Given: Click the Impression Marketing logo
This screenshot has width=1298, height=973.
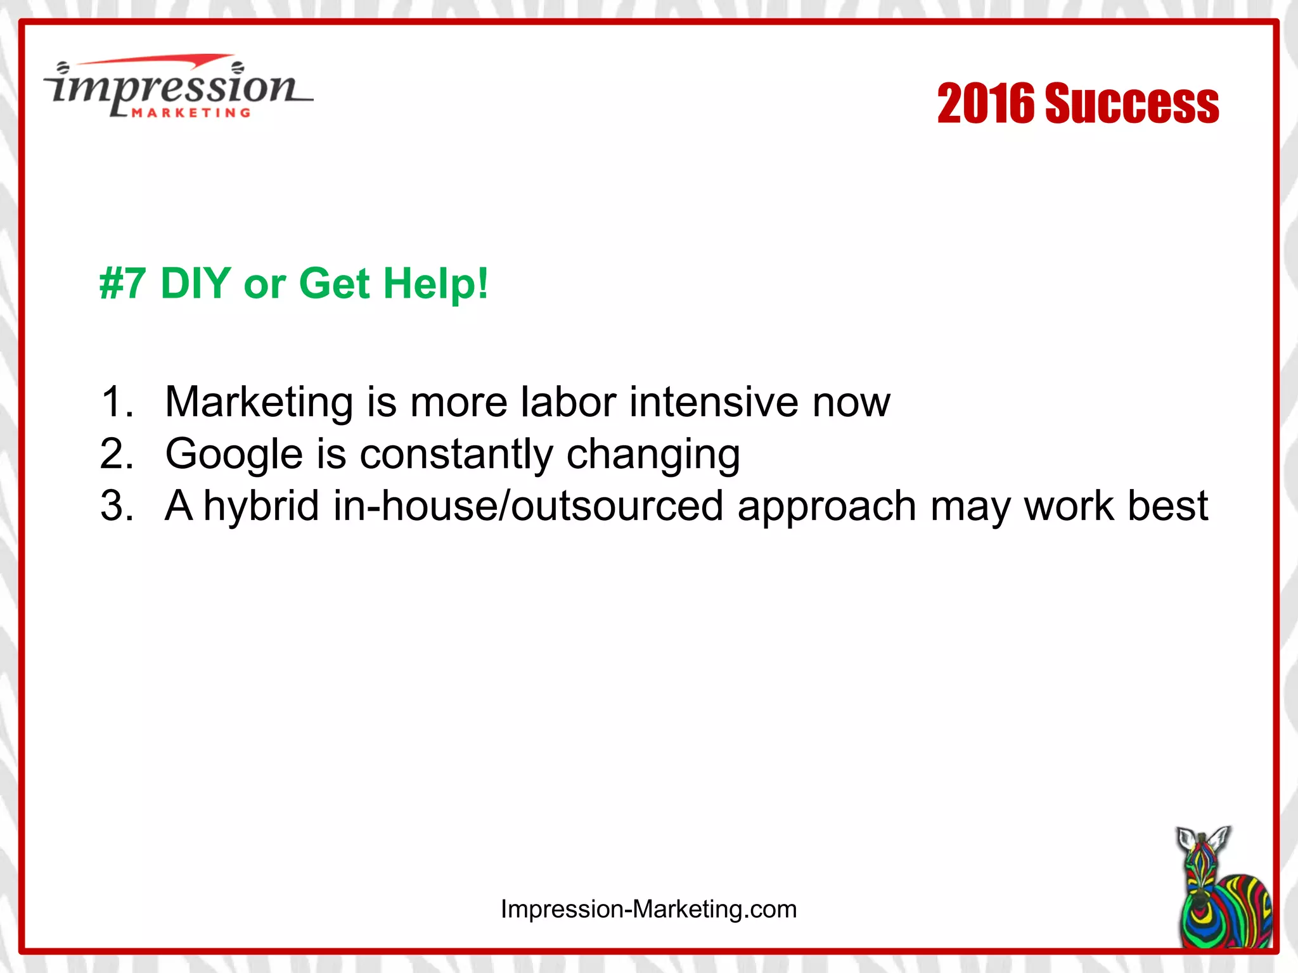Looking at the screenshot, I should point(177,87).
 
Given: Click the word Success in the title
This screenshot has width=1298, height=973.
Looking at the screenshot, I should point(1131,103).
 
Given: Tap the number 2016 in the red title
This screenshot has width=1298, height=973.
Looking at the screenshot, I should point(986,103).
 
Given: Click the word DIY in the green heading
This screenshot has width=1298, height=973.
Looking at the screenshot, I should point(195,283).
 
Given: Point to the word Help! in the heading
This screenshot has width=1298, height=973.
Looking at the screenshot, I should point(436,283).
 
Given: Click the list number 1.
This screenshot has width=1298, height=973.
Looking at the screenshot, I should point(117,402).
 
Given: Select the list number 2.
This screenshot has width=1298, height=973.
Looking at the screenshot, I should point(117,454).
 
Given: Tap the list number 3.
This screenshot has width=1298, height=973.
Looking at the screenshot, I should point(117,506).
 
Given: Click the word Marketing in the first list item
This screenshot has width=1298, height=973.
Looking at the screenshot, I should point(259,403).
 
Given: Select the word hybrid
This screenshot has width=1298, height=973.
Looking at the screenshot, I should point(261,507).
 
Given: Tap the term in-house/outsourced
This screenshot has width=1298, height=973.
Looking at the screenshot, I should point(528,506).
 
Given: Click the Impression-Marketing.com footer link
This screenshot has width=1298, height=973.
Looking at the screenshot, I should point(648,909).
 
